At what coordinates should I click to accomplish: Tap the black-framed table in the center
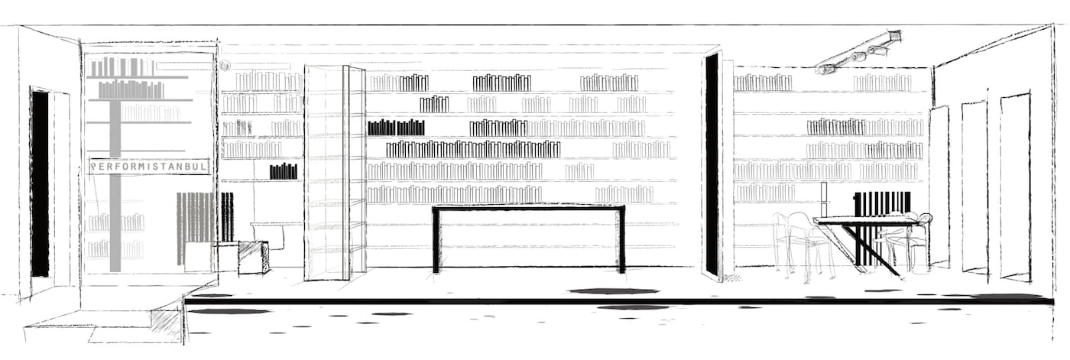point(529,208)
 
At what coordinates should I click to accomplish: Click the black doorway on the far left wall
point(40,183)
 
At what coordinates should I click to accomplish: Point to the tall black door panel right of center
point(712,164)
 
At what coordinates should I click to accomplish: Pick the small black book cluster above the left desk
point(284,171)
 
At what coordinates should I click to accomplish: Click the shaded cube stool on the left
point(253,257)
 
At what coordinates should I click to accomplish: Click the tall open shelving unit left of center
point(335,172)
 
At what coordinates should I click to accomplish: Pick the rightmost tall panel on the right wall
point(1016,187)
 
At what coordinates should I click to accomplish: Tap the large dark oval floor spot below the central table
point(614,291)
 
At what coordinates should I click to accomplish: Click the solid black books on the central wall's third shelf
point(396,128)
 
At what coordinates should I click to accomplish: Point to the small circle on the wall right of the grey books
point(225,66)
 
